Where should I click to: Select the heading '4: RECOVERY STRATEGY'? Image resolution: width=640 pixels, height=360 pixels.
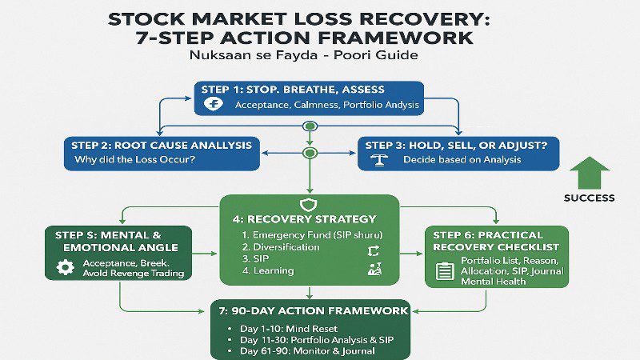click(310, 219)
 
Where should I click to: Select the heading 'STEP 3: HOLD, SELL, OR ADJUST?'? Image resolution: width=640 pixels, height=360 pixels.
click(456, 145)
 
